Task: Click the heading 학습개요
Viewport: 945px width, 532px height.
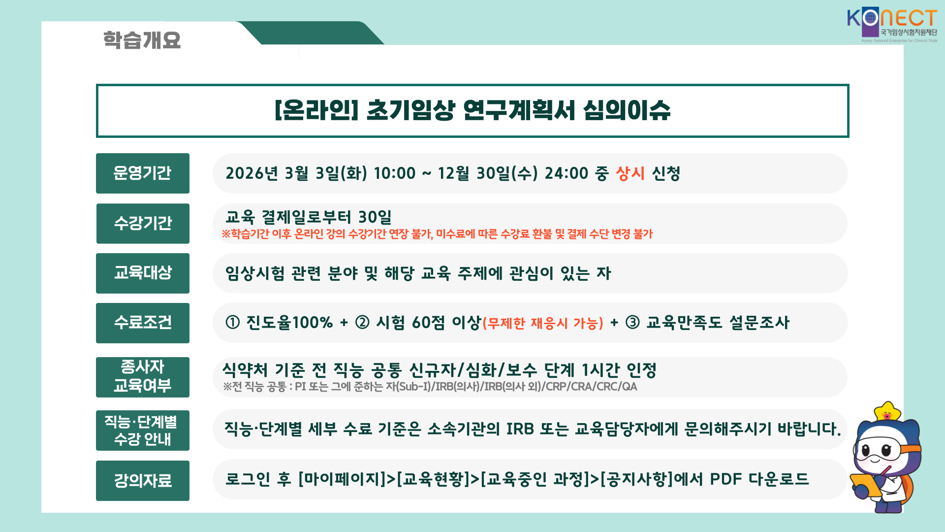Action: click(x=142, y=40)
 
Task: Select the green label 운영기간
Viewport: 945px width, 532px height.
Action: click(x=143, y=173)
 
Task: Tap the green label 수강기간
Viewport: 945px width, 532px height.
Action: click(x=143, y=224)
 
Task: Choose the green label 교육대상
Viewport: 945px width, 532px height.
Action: click(x=143, y=273)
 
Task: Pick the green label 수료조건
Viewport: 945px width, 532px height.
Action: click(x=143, y=323)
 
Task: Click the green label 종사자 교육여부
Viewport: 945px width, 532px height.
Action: click(x=143, y=377)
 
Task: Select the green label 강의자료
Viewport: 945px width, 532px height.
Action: click(x=143, y=481)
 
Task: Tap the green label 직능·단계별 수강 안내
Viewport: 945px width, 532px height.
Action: click(x=143, y=431)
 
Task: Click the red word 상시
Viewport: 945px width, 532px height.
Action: click(x=630, y=173)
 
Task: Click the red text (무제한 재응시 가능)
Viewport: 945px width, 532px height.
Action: click(x=543, y=324)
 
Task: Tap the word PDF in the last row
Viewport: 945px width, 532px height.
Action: click(x=725, y=479)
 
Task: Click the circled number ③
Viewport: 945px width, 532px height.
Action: click(x=632, y=323)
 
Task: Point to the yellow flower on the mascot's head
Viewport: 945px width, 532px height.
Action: click(x=887, y=411)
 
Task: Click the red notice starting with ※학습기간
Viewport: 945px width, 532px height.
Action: click(x=437, y=234)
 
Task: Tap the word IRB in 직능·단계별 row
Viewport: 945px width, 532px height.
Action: click(x=520, y=429)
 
